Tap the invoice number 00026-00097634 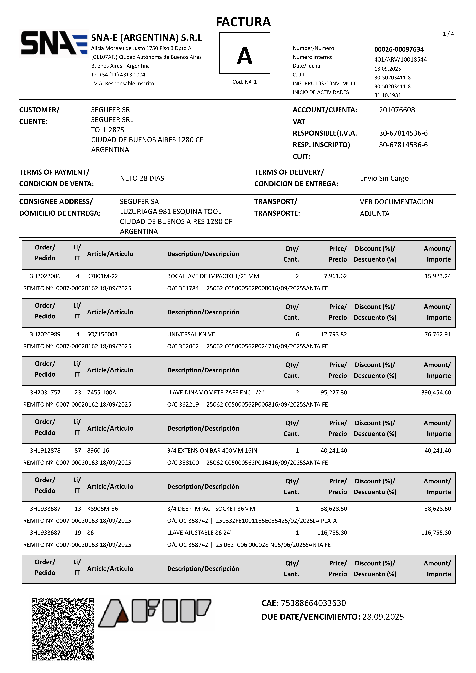[x=399, y=49]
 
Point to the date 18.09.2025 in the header [x=387, y=69]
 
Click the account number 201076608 [x=397, y=110]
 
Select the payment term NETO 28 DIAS [x=142, y=178]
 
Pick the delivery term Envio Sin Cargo [x=384, y=178]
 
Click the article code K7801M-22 [x=102, y=276]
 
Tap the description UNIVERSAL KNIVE [x=191, y=334]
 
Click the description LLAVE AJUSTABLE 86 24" [x=200, y=533]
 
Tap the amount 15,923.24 [x=438, y=276]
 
